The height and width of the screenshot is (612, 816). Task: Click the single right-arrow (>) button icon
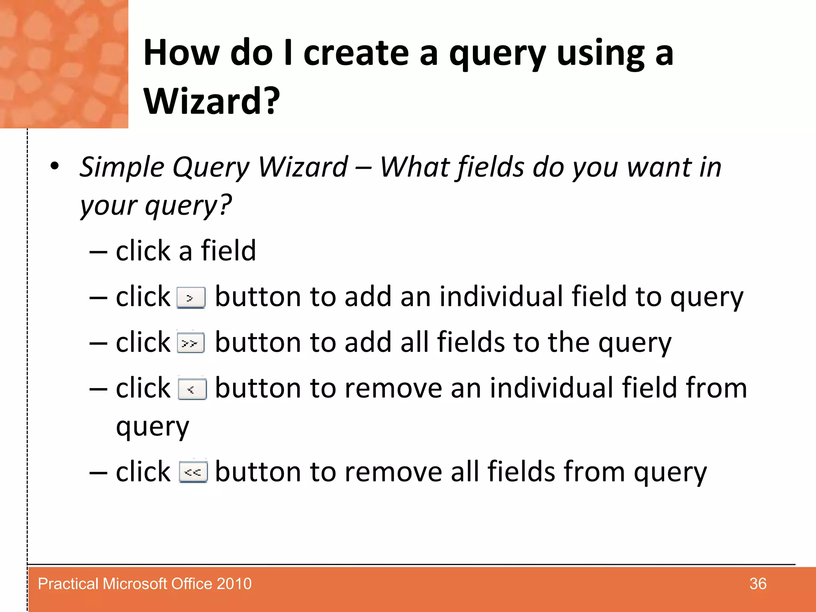coord(191,298)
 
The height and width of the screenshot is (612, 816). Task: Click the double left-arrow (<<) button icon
coord(193,472)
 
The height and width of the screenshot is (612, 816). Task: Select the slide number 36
coord(757,584)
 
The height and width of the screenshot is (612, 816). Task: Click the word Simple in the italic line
coord(122,167)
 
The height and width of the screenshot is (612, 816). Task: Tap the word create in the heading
coord(356,54)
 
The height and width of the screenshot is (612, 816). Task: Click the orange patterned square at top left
coord(64,64)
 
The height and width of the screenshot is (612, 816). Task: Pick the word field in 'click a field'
coord(228,251)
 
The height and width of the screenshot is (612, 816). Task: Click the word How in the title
coord(181,54)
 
